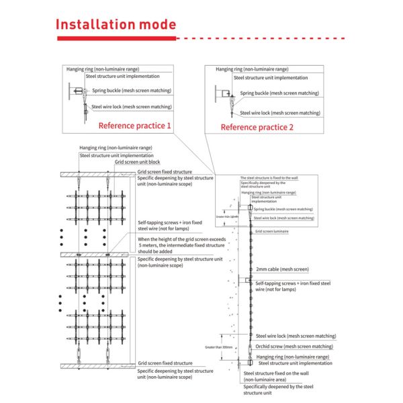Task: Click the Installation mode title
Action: (x=116, y=25)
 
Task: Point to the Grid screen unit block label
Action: (x=137, y=162)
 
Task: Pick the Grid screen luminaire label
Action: (x=272, y=231)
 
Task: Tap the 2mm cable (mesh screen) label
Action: (x=282, y=269)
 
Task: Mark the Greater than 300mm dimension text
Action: (x=220, y=347)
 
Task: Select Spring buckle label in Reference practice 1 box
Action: (x=132, y=90)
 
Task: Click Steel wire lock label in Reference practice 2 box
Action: (x=280, y=113)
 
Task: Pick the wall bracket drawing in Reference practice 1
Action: (x=75, y=91)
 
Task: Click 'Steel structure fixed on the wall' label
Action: (x=276, y=373)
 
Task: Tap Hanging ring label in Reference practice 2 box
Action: (x=252, y=69)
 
